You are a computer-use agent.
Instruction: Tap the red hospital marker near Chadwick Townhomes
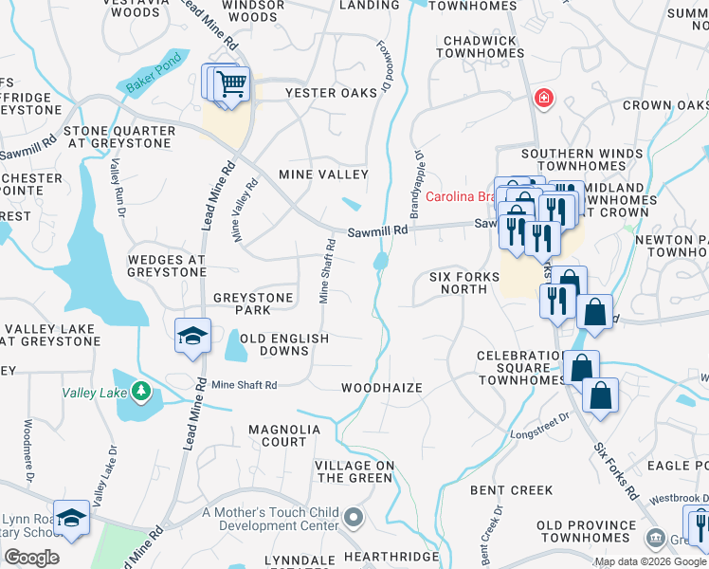point(543,97)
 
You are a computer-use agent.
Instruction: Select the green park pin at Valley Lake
point(140,391)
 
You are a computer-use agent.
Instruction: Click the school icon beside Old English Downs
point(192,335)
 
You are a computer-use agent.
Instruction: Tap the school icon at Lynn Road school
point(71,517)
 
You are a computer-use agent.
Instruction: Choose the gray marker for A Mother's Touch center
point(354,517)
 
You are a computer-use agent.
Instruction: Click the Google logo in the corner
point(31,558)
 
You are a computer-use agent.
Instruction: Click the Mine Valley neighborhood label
point(322,174)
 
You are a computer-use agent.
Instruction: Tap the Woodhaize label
point(381,388)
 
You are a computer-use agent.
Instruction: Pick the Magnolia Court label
point(284,435)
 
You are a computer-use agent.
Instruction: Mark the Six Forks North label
point(464,282)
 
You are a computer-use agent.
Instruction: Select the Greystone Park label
point(253,303)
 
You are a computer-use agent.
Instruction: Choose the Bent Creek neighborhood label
point(511,490)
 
